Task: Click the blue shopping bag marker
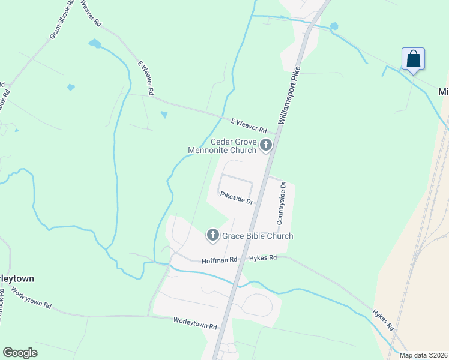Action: (x=413, y=59)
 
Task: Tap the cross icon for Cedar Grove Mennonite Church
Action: (x=265, y=145)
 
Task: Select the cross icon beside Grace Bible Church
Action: (x=212, y=236)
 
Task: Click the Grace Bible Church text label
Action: (x=258, y=236)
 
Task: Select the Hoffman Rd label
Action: (x=220, y=260)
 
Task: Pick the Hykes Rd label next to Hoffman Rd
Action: (x=264, y=257)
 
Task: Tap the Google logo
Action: (x=20, y=353)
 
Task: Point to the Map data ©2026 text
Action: (x=423, y=355)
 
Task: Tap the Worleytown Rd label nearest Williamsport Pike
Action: (x=195, y=324)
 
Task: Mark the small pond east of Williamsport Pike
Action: (x=334, y=26)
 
